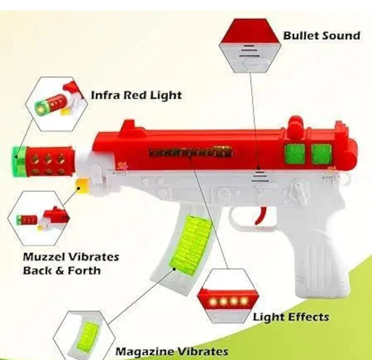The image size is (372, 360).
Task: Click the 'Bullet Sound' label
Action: (321, 35)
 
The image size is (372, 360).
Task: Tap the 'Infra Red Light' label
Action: (136, 95)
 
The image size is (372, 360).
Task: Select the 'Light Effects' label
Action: (291, 317)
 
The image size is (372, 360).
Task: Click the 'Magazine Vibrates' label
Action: (172, 351)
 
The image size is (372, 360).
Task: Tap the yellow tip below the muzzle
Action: (81, 186)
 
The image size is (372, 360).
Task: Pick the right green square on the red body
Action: (321, 153)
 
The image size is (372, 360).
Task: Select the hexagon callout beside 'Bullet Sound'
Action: (249, 45)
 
